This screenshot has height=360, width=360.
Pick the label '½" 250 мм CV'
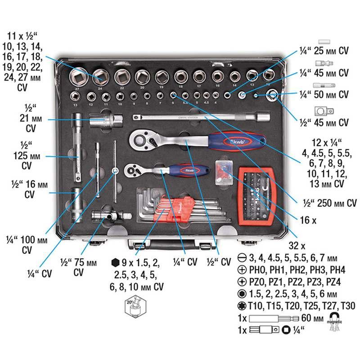click(x=324, y=203)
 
